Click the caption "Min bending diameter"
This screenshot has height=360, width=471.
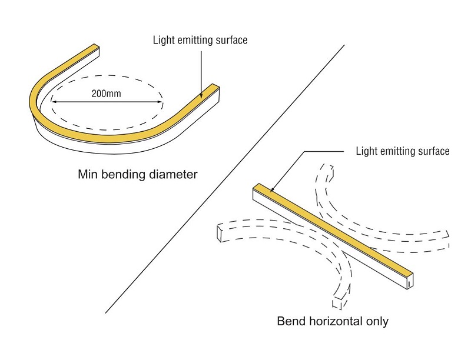click(x=137, y=175)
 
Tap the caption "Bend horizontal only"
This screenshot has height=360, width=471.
click(x=333, y=322)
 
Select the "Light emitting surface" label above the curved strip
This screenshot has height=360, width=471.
click(x=200, y=41)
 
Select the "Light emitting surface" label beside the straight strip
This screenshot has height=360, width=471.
click(x=403, y=151)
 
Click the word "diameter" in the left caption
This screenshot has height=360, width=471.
click(x=175, y=175)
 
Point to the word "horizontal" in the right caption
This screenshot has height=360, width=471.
click(x=334, y=322)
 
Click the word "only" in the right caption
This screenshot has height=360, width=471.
click(x=377, y=322)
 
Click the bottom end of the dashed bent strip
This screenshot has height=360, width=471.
click(x=340, y=304)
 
